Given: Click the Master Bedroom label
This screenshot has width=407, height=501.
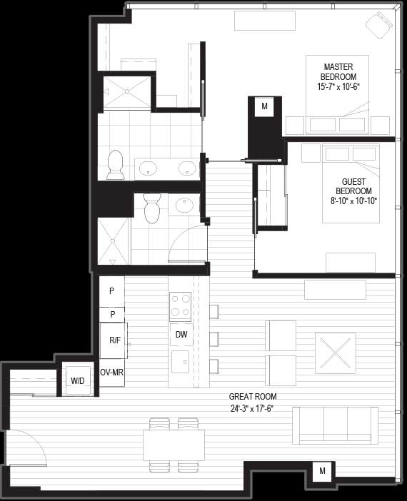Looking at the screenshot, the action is (338, 72).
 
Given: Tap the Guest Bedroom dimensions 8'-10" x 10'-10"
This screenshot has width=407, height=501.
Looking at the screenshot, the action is (354, 201).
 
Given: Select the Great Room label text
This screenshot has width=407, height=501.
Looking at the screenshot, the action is (253, 397).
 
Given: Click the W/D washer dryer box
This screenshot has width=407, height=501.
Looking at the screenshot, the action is (78, 379).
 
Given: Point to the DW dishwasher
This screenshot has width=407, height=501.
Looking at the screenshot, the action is (181, 335).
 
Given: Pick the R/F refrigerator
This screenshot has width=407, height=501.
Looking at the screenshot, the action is (114, 340).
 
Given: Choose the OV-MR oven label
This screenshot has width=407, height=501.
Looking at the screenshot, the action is (111, 373).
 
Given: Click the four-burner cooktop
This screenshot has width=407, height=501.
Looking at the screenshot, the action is (181, 306).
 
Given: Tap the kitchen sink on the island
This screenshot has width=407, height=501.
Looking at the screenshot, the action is (181, 362).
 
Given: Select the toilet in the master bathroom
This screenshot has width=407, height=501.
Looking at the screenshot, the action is (115, 165).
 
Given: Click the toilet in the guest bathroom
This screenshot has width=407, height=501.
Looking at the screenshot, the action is (151, 208).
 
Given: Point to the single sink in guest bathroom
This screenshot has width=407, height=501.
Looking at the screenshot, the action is (184, 205).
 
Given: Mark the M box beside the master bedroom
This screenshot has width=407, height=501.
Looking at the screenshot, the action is (264, 106).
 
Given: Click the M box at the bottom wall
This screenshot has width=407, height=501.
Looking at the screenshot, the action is (322, 471).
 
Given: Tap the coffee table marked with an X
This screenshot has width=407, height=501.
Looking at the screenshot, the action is (336, 353).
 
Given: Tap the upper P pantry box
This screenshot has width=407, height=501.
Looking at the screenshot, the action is (111, 291).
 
